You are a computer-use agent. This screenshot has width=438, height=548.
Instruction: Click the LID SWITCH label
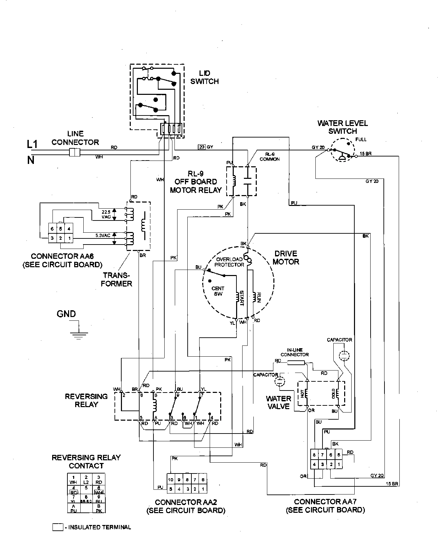point(204,77)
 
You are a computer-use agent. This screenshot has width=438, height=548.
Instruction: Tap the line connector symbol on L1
point(74,152)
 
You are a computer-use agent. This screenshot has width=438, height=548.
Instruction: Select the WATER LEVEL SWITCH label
point(342,127)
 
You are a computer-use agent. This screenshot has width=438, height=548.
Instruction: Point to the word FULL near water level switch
point(361,139)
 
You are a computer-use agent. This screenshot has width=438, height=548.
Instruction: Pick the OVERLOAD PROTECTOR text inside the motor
point(229,262)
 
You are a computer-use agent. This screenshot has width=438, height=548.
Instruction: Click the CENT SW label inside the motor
point(218,291)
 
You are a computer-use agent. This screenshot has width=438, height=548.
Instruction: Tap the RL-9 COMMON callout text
point(270,156)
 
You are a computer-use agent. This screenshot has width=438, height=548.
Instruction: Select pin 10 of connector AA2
point(171,480)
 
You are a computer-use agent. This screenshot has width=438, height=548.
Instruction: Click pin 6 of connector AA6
point(52,229)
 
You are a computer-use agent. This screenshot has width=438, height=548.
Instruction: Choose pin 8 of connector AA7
point(314,455)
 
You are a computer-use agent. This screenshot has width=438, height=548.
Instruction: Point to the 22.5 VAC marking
point(106,214)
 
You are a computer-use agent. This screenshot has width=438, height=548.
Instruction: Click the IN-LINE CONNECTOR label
point(294,352)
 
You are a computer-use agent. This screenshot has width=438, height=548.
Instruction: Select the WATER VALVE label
point(278,402)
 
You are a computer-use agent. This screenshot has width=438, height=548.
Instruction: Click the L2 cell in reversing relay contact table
point(86,479)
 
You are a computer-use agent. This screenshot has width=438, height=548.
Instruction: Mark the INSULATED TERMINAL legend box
point(58,527)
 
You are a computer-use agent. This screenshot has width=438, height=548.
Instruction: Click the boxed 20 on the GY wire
point(202,147)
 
